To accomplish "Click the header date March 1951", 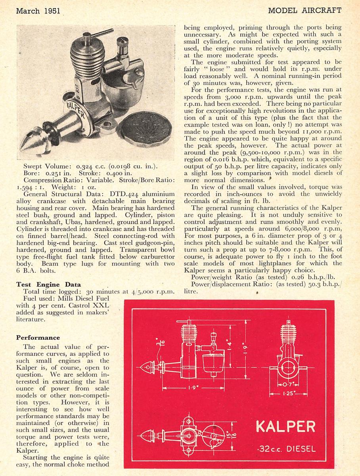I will (38, 11).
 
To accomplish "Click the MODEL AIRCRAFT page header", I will (305, 10).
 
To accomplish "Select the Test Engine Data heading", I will (48, 284).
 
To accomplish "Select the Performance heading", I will (38, 338).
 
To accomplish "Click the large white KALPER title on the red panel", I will (285, 426).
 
